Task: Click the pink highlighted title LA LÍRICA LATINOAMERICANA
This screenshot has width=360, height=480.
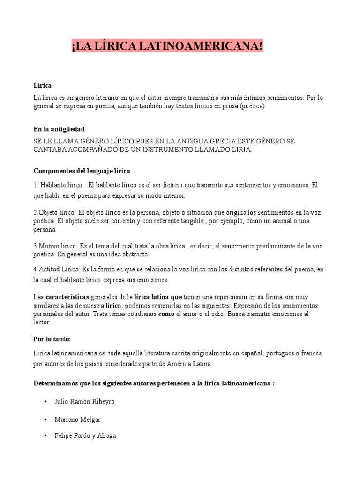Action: pos(167,46)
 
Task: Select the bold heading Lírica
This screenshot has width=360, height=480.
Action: pos(43,86)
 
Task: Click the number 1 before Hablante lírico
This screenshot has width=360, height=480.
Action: pos(35,185)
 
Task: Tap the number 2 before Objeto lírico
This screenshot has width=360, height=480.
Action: pos(35,211)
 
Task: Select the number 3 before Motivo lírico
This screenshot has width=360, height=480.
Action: pos(35,246)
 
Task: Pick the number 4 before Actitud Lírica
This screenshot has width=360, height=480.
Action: pos(35,270)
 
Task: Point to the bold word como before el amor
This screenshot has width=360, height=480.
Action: pos(166,314)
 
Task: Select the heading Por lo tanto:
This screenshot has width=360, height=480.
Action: pos(52,338)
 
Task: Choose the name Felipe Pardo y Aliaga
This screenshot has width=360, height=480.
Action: pos(85,435)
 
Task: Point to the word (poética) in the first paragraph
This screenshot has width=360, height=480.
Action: pos(252,106)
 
